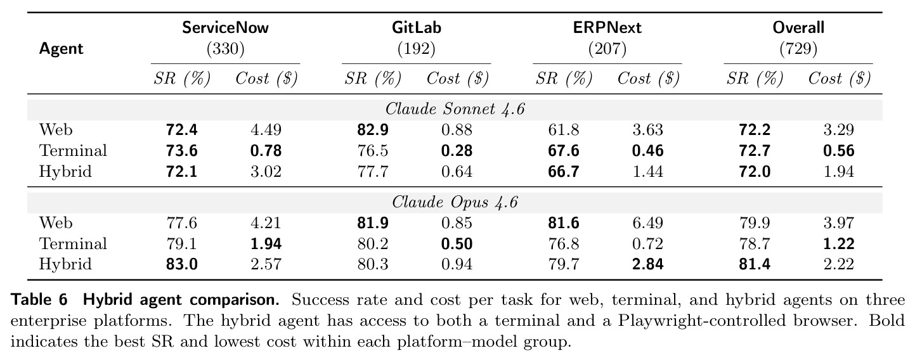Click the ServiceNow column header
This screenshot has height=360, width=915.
click(x=225, y=28)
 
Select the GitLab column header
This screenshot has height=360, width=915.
click(x=416, y=28)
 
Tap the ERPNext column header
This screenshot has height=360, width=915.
click(x=607, y=28)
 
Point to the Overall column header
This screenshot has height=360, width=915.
click(x=798, y=28)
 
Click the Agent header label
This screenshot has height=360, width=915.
click(x=62, y=49)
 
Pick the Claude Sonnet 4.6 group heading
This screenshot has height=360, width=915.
click(x=455, y=109)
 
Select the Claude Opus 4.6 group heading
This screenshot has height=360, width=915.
click(x=455, y=202)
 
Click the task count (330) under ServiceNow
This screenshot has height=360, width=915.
click(x=225, y=49)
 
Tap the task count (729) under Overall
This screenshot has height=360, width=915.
click(x=798, y=49)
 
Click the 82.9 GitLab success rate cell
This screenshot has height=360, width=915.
click(x=373, y=130)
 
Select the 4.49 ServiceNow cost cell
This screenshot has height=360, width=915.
click(x=266, y=130)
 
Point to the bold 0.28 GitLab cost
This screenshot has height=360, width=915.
click(x=457, y=151)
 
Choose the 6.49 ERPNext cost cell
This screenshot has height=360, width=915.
click(x=648, y=223)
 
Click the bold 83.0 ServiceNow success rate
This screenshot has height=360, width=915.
click(x=182, y=264)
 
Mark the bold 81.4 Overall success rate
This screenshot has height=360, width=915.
click(x=755, y=264)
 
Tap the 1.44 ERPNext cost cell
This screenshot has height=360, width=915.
click(x=648, y=171)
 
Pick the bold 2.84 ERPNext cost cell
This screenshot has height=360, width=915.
click(x=648, y=264)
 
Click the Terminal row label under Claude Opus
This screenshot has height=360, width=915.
click(x=73, y=243)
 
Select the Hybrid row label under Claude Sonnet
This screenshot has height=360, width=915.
click(x=65, y=171)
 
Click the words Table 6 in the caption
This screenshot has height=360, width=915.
click(x=39, y=300)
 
